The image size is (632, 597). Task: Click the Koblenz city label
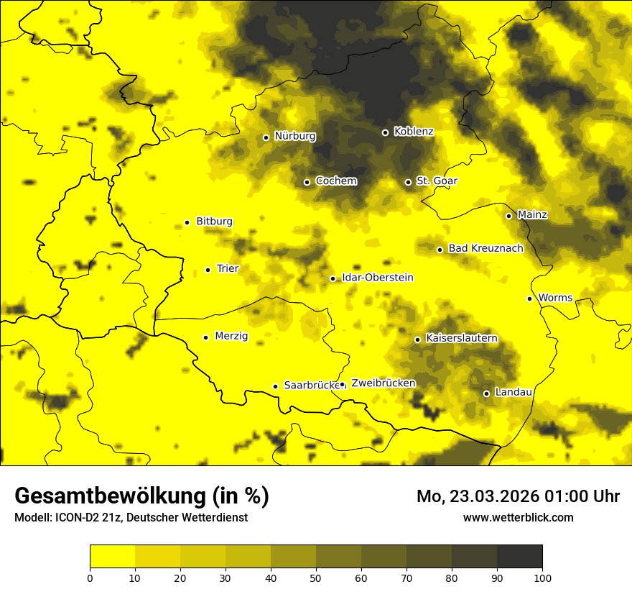pos(414,132)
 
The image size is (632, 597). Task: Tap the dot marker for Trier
pos(208,270)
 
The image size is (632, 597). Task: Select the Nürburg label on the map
pos(294,136)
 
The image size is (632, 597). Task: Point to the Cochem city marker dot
pos(307,182)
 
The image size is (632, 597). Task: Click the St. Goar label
pos(437,181)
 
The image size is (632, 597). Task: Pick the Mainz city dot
pos(508,216)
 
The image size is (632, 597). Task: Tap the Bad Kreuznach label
pos(485,249)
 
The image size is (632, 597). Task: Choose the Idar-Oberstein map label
pos(378,278)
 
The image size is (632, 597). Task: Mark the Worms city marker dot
pos(529,298)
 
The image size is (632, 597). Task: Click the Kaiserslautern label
pos(461,339)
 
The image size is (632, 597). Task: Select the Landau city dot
pos(486,393)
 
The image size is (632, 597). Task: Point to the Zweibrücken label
pos(383,383)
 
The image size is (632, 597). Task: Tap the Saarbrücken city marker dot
pos(275,386)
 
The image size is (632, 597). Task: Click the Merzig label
pos(231,337)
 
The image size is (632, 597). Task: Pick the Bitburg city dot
pos(187,222)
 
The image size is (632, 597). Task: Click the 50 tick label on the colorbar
pos(316,578)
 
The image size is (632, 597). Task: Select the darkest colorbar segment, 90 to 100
pos(519,557)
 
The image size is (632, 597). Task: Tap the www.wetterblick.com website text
pos(518,517)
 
